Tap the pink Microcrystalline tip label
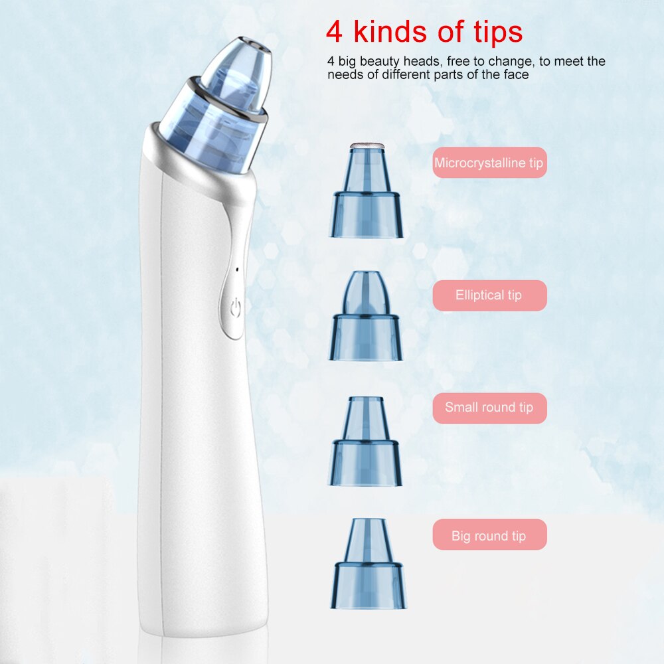coord(489,163)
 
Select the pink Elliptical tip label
coord(489,295)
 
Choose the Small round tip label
coord(489,408)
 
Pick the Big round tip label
coord(489,535)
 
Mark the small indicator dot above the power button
coord(237,270)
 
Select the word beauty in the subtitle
coord(381,62)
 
